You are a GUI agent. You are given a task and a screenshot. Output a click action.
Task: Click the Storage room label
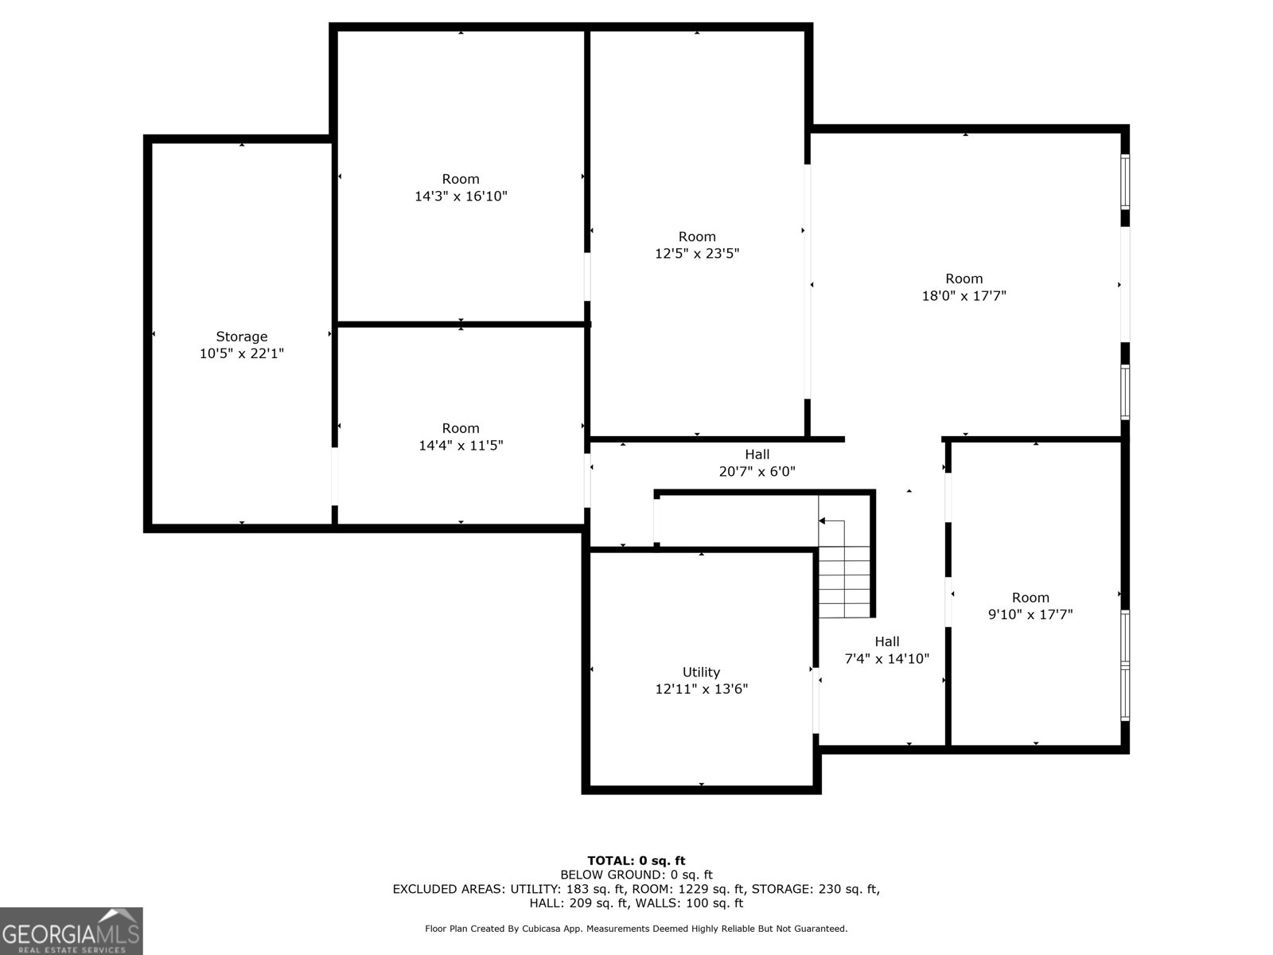[x=241, y=337]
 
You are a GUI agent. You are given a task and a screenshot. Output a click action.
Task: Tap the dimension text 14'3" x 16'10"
[x=461, y=196]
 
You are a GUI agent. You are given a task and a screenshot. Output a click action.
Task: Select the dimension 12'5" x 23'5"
[x=697, y=254]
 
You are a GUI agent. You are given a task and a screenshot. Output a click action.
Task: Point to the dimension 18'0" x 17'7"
[x=964, y=296]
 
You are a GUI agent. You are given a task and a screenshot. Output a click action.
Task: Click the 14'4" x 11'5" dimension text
[x=461, y=446]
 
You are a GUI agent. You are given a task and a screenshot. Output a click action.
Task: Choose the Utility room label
[x=701, y=672]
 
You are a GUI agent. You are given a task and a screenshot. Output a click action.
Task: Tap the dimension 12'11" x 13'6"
[x=701, y=689]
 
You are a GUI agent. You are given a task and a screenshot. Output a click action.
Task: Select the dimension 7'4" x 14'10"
[x=886, y=659]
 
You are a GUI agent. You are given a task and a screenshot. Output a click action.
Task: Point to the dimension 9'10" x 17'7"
[x=1030, y=614]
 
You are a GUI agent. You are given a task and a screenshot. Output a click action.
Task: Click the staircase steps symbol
[x=845, y=581]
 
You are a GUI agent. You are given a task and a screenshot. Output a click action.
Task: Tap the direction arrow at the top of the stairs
[x=823, y=521]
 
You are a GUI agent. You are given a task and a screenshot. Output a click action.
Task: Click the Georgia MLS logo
[x=71, y=930]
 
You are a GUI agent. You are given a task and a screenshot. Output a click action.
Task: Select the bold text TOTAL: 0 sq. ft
[x=636, y=860]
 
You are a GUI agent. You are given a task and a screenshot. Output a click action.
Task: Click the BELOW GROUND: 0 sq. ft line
[x=636, y=875]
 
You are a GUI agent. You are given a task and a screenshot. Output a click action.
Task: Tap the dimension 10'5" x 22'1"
[x=241, y=354]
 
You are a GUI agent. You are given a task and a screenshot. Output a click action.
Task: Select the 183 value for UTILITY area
[x=577, y=889]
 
